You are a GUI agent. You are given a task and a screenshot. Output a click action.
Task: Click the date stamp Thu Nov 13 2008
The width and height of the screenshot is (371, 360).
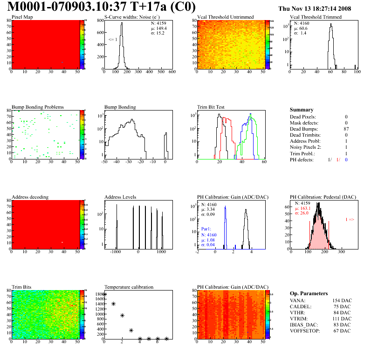[315, 8]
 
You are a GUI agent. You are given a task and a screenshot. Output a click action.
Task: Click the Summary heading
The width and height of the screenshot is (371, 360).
[302, 110]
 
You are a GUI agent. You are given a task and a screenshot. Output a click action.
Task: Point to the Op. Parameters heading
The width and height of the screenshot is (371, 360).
[309, 293]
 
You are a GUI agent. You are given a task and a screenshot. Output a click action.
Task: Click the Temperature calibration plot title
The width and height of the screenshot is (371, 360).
[129, 287]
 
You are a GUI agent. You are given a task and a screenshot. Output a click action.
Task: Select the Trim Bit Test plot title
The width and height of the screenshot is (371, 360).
[211, 107]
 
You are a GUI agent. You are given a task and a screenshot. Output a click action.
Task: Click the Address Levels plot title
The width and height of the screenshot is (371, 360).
[121, 197]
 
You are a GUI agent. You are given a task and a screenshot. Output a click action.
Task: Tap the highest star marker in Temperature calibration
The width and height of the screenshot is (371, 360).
[104, 294]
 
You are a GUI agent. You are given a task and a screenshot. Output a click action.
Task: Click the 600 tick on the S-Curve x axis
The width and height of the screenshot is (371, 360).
[172, 72]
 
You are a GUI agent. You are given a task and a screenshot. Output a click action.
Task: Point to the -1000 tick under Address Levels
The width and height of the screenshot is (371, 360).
[116, 251]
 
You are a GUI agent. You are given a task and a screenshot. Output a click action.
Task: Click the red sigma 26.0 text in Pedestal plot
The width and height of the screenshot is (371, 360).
[302, 213]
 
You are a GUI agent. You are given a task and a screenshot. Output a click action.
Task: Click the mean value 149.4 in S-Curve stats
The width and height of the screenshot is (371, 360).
[158, 28]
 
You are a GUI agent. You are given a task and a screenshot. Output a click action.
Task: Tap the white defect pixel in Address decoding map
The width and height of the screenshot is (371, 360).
[62, 242]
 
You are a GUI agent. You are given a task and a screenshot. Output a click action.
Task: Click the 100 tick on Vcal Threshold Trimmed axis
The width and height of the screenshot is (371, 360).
[357, 72]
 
